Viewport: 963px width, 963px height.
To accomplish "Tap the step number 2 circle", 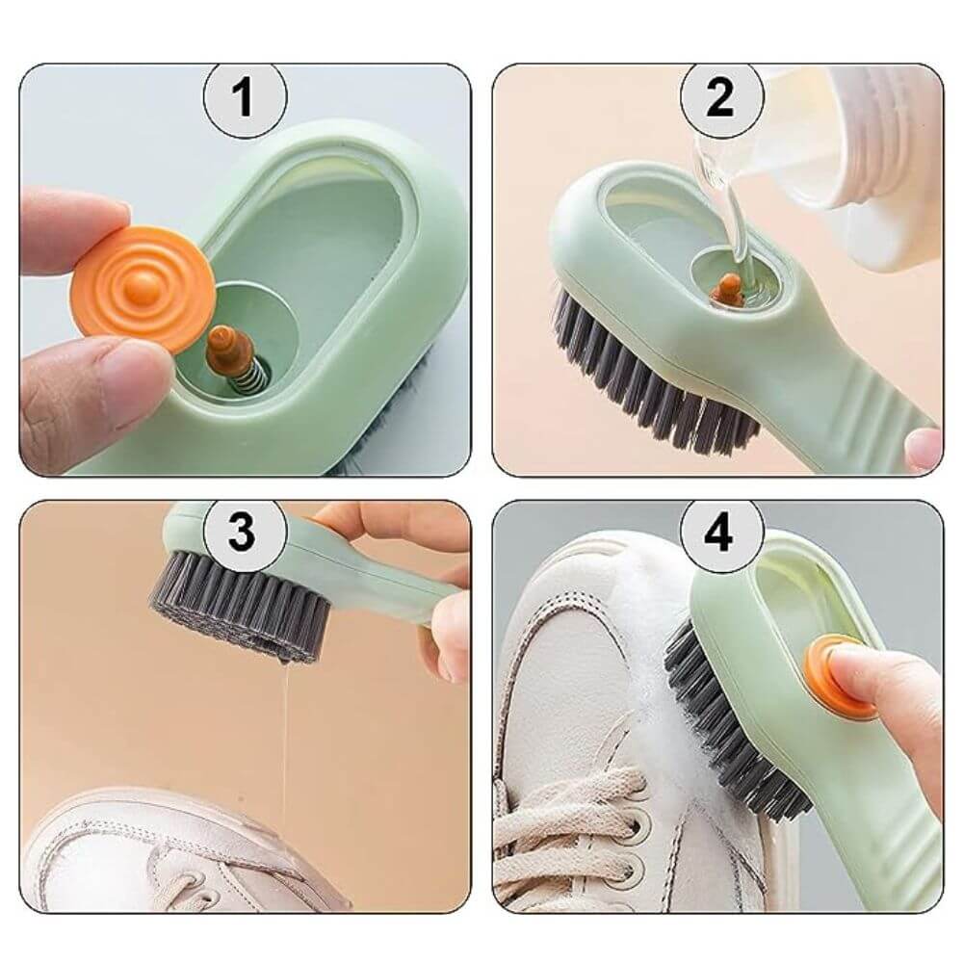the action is click(x=721, y=96).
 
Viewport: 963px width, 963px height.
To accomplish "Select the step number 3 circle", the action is click(x=245, y=532).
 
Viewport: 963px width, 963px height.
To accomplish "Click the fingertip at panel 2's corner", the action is click(x=924, y=449).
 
